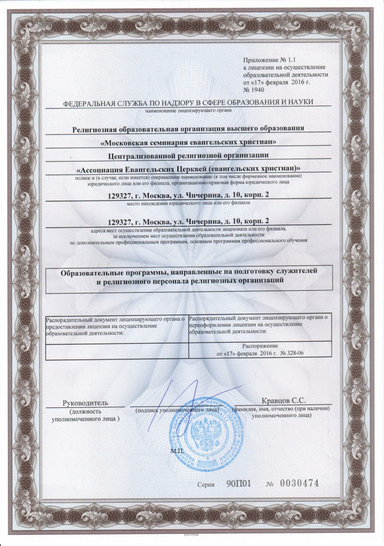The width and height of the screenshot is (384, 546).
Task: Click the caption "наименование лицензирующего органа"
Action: click(x=189, y=110)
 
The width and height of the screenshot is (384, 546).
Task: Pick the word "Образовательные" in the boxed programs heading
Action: click(x=90, y=273)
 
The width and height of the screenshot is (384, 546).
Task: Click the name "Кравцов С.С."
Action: click(x=283, y=401)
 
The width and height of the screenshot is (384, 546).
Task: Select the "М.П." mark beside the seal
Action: click(x=176, y=451)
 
